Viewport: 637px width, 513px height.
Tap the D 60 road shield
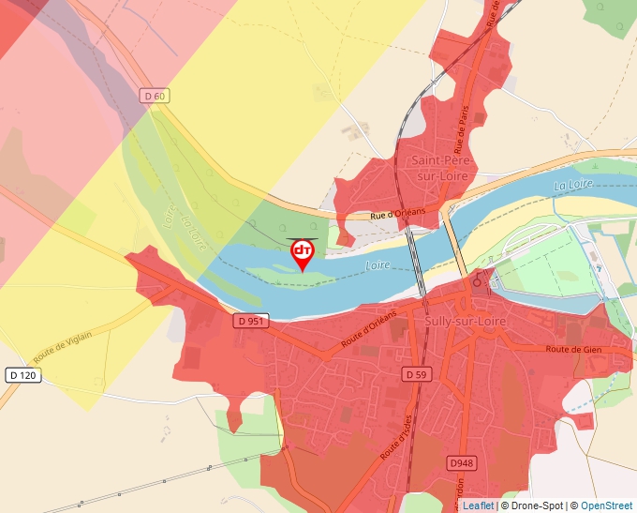(155, 95)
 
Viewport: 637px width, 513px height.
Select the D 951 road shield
(248, 321)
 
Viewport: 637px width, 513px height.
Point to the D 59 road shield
(417, 373)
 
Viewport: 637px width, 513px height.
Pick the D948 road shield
(461, 463)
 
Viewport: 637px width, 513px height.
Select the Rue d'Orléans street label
(397, 214)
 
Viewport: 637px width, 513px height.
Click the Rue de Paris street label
(462, 128)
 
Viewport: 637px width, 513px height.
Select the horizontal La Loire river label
(574, 186)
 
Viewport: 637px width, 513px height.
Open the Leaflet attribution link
(478, 505)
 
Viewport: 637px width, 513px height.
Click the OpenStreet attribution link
(606, 505)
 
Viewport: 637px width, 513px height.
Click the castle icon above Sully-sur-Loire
(478, 279)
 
